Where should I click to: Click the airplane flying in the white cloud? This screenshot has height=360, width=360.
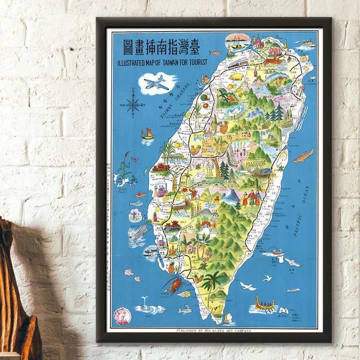point(157,83)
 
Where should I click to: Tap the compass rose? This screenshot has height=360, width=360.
point(132,104)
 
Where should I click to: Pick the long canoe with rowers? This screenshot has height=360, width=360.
point(265,304)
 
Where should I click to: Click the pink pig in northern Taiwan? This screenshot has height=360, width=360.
point(235,77)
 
